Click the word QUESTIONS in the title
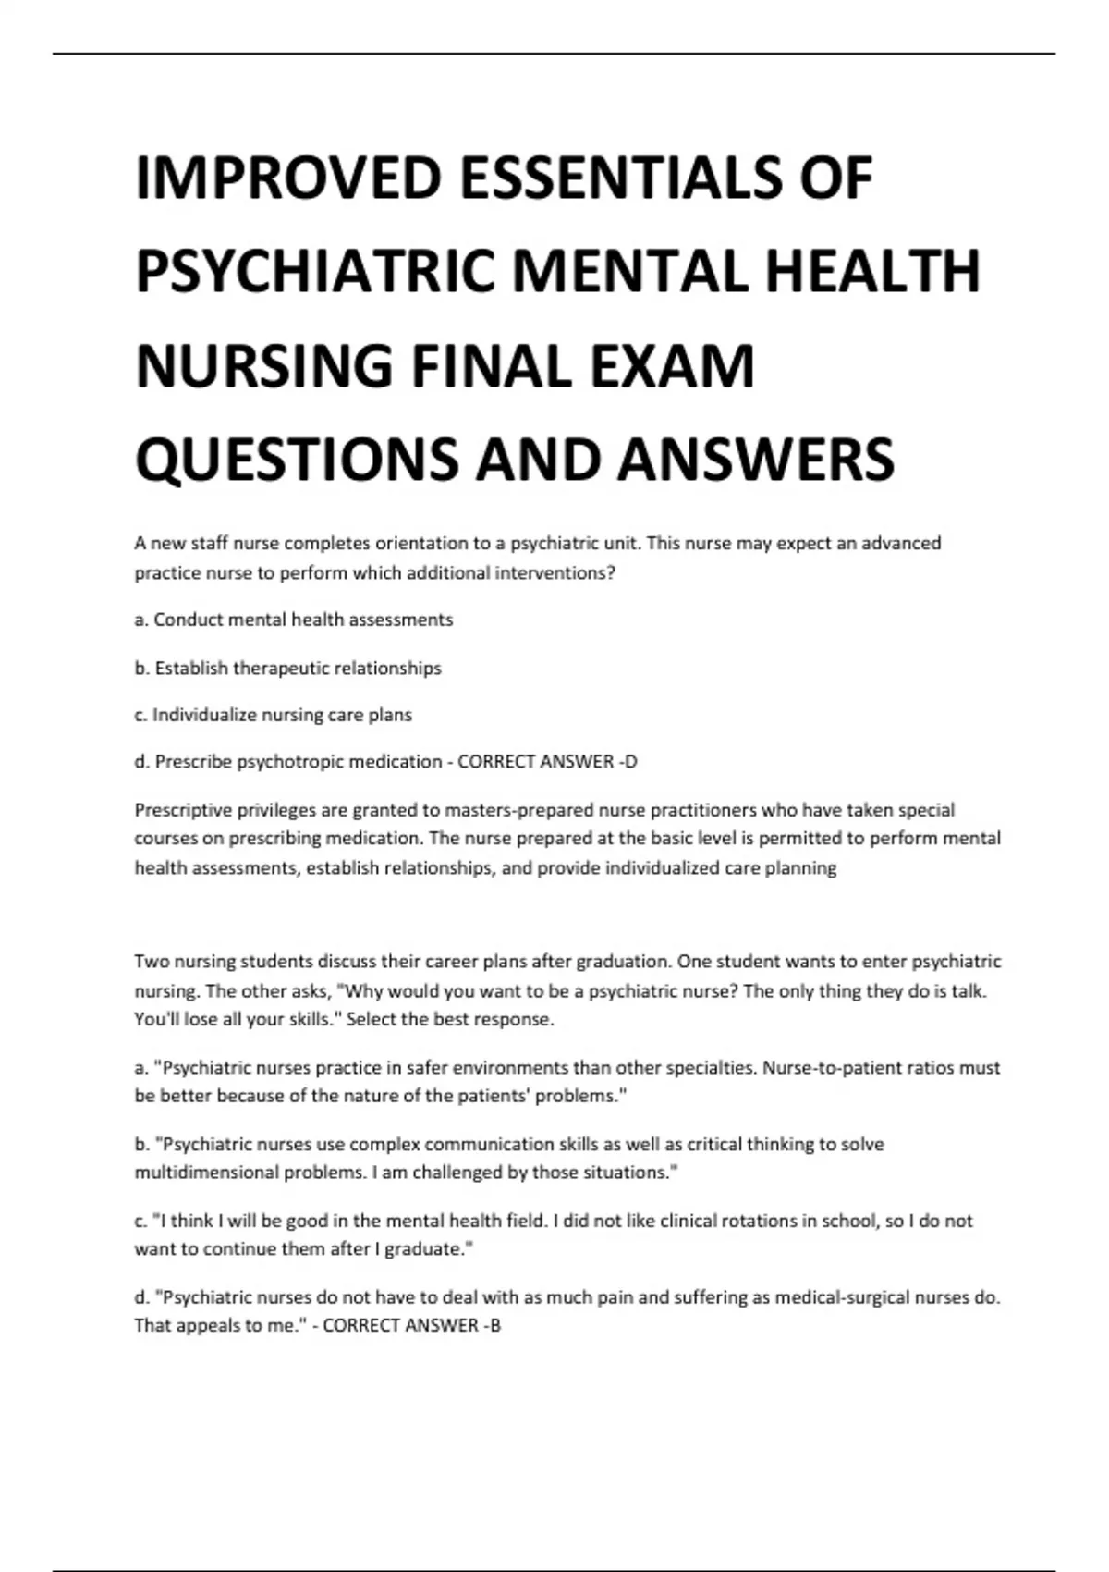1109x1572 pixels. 297,460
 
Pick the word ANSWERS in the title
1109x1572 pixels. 756,460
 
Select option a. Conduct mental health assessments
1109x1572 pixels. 294,620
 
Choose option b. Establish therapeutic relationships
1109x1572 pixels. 288,668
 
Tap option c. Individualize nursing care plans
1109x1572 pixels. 274,715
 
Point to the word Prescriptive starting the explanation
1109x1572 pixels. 182,810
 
